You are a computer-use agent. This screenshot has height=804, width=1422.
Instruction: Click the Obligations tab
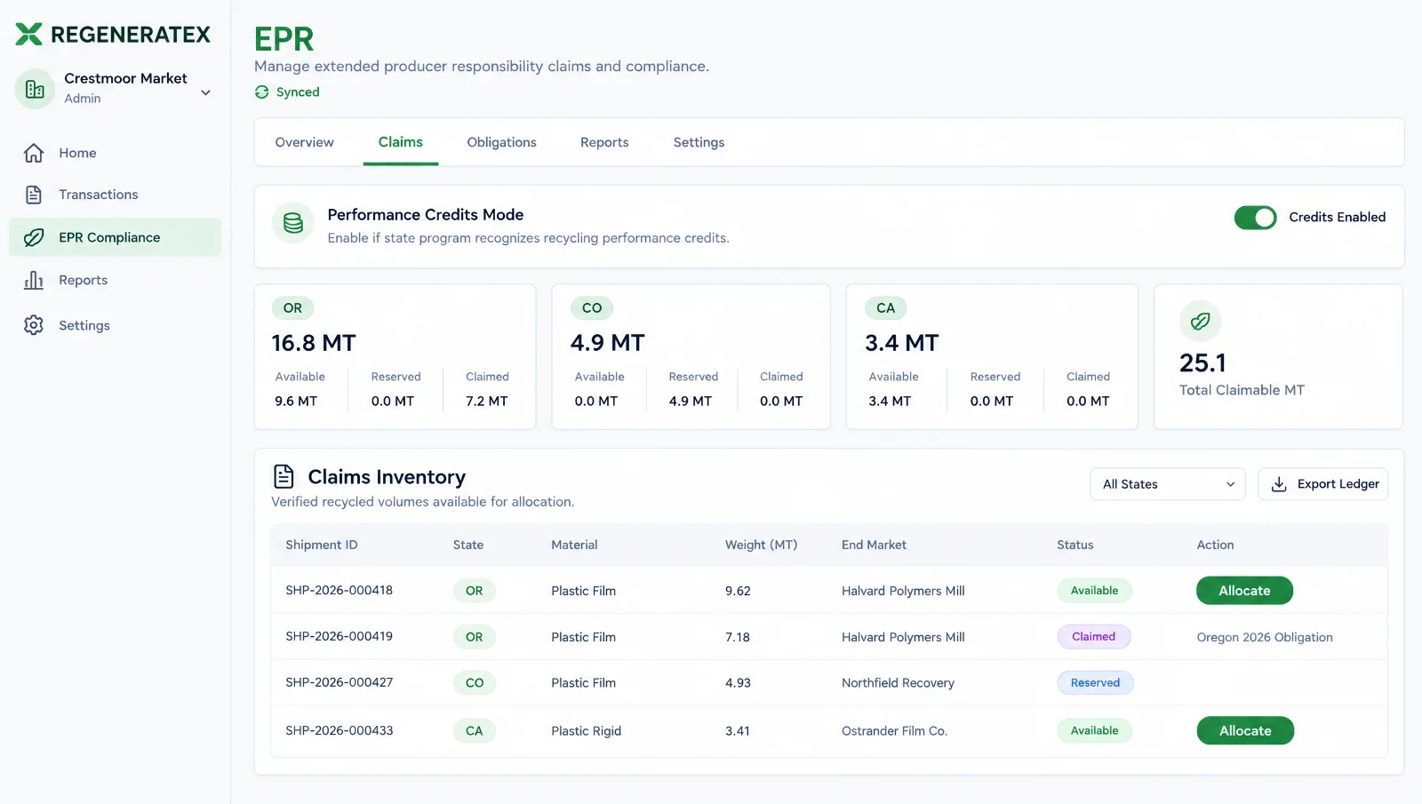coord(501,142)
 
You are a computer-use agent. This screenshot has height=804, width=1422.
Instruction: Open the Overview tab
coord(304,142)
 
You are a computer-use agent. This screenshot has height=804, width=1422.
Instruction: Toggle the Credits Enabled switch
coord(1255,217)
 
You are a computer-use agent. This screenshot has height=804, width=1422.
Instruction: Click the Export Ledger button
coord(1323,484)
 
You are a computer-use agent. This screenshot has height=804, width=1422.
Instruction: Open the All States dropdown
coord(1168,484)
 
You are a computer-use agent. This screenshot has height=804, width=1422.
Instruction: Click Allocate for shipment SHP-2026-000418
coord(1244,591)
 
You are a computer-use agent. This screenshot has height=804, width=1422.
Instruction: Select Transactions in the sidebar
coord(99,195)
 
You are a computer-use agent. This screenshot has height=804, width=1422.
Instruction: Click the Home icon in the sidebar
coord(34,153)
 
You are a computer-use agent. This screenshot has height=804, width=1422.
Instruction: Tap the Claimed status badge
coord(1093,636)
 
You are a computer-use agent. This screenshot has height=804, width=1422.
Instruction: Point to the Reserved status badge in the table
coord(1095,683)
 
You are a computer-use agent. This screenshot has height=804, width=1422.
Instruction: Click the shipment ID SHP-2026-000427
coord(339,682)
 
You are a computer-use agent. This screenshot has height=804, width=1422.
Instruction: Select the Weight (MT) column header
coord(761,545)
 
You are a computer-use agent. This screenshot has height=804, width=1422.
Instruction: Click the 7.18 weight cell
coord(737,636)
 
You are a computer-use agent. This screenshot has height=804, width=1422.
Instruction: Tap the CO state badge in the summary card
coord(592,307)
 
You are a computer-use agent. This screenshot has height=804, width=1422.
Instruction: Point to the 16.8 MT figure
coord(314,343)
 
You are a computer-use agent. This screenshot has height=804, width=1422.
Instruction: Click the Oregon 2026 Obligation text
coord(1265,637)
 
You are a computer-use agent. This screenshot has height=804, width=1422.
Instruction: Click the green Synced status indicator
coord(287,92)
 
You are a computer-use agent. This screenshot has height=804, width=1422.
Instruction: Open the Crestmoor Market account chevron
coord(205,92)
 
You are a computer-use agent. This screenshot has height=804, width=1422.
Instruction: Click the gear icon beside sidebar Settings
coord(34,325)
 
